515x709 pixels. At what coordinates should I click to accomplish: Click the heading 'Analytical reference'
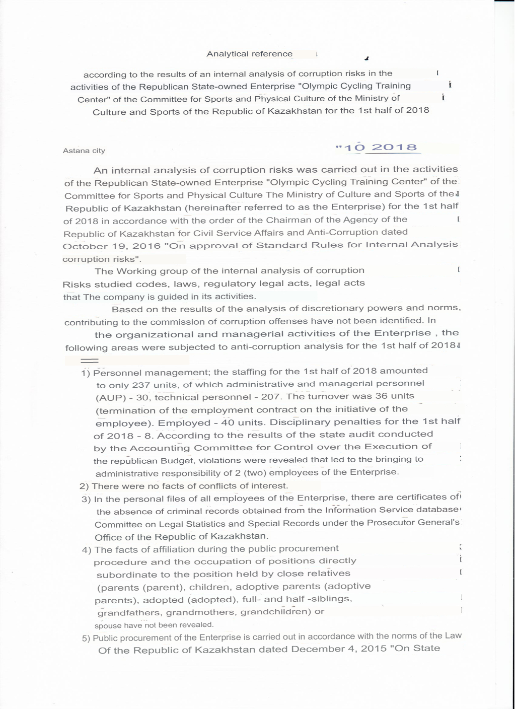[x=249, y=54]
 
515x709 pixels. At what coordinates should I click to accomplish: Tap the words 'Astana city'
[x=84, y=151]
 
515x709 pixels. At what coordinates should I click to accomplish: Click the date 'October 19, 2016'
[x=97, y=246]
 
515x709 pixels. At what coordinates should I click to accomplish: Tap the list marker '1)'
[x=86, y=373]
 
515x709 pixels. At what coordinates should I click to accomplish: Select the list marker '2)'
[x=84, y=486]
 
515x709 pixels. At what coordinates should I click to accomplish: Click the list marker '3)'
[x=86, y=500]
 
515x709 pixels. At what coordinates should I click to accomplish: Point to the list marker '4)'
[x=87, y=550]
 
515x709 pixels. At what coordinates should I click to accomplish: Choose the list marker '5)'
[x=86, y=638]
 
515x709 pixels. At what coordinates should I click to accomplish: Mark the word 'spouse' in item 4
[x=108, y=625]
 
